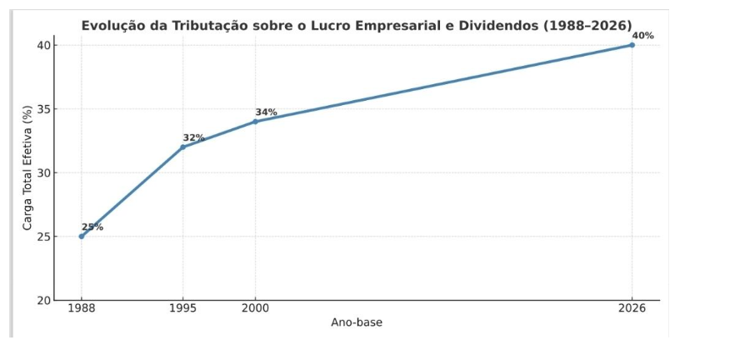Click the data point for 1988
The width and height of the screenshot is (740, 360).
click(x=82, y=236)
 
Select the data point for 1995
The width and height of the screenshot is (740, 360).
click(x=183, y=147)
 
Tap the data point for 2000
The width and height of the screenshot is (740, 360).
click(x=256, y=122)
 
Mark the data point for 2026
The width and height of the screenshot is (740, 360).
click(x=632, y=45)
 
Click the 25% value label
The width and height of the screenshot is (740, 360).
click(x=92, y=227)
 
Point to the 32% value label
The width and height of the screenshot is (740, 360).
click(x=193, y=137)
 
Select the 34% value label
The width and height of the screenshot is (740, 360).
click(x=266, y=112)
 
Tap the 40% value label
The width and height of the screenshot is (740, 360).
click(x=642, y=36)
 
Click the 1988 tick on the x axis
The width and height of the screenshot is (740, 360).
click(x=82, y=308)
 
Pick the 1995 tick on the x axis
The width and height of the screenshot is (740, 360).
click(x=183, y=308)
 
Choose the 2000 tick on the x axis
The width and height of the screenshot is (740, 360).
click(x=256, y=308)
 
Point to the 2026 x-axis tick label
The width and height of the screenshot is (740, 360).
click(x=632, y=308)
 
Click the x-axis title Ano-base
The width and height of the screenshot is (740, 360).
click(x=357, y=322)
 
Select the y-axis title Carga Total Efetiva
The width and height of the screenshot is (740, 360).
click(x=27, y=172)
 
